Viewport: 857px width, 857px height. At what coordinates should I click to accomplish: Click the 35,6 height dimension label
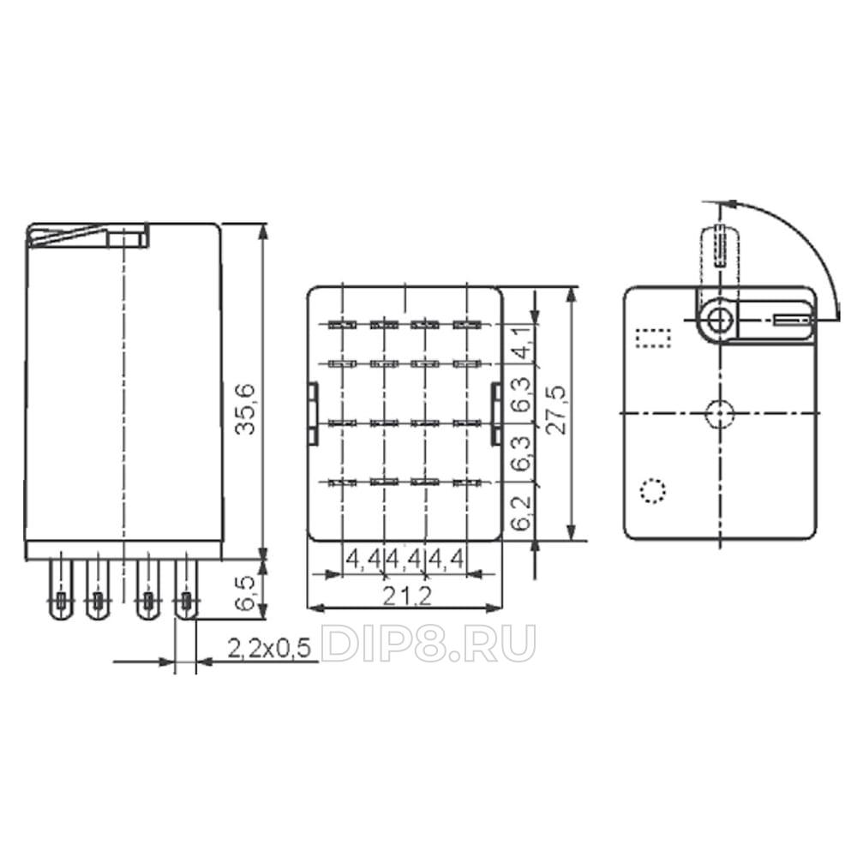point(245,410)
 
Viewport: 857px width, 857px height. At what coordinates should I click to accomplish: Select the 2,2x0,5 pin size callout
point(268,649)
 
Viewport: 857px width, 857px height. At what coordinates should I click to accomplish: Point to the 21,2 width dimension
point(406,596)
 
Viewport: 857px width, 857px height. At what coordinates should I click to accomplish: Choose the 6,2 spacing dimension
point(522,513)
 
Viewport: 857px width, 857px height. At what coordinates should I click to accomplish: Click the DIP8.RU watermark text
point(427,644)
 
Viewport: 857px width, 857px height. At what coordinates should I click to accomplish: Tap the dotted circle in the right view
point(652,490)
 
